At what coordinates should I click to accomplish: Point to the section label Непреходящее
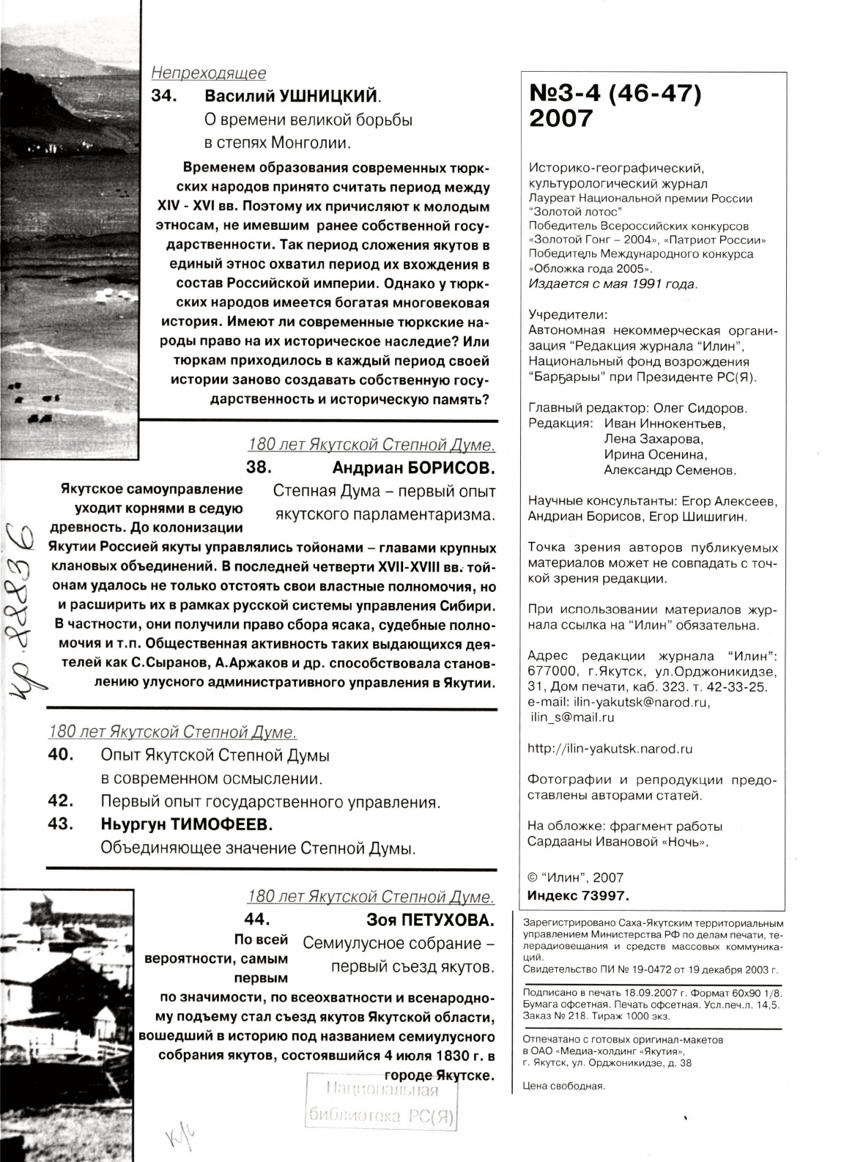pos(208,73)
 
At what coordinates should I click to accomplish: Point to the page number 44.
pos(257,919)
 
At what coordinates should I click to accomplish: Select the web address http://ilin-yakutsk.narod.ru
pos(610,749)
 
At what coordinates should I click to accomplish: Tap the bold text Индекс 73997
pos(578,895)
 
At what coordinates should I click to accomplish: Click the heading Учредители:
pos(567,315)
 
